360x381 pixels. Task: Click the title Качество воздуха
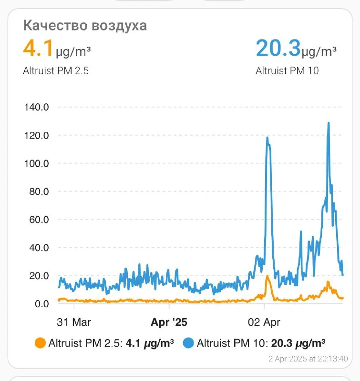point(85,25)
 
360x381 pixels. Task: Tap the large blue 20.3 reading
point(278,48)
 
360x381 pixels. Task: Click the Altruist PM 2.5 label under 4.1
point(56,71)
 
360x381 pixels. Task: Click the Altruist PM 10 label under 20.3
point(287,71)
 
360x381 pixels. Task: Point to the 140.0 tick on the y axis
point(37,107)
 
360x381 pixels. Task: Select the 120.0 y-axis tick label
point(37,135)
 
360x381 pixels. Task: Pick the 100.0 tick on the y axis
point(37,163)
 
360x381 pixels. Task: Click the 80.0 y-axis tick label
point(39,191)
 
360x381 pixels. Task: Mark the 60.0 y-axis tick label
point(39,220)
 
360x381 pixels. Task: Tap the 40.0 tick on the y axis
point(39,248)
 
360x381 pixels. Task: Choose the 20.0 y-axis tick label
point(39,276)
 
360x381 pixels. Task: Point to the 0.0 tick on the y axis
point(41,304)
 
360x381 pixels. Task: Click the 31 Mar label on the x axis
point(74,322)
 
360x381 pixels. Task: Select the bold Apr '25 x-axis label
point(169,322)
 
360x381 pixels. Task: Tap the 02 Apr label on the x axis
point(264,322)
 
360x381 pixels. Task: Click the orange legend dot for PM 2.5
point(41,343)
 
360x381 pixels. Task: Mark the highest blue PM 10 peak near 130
point(329,123)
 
